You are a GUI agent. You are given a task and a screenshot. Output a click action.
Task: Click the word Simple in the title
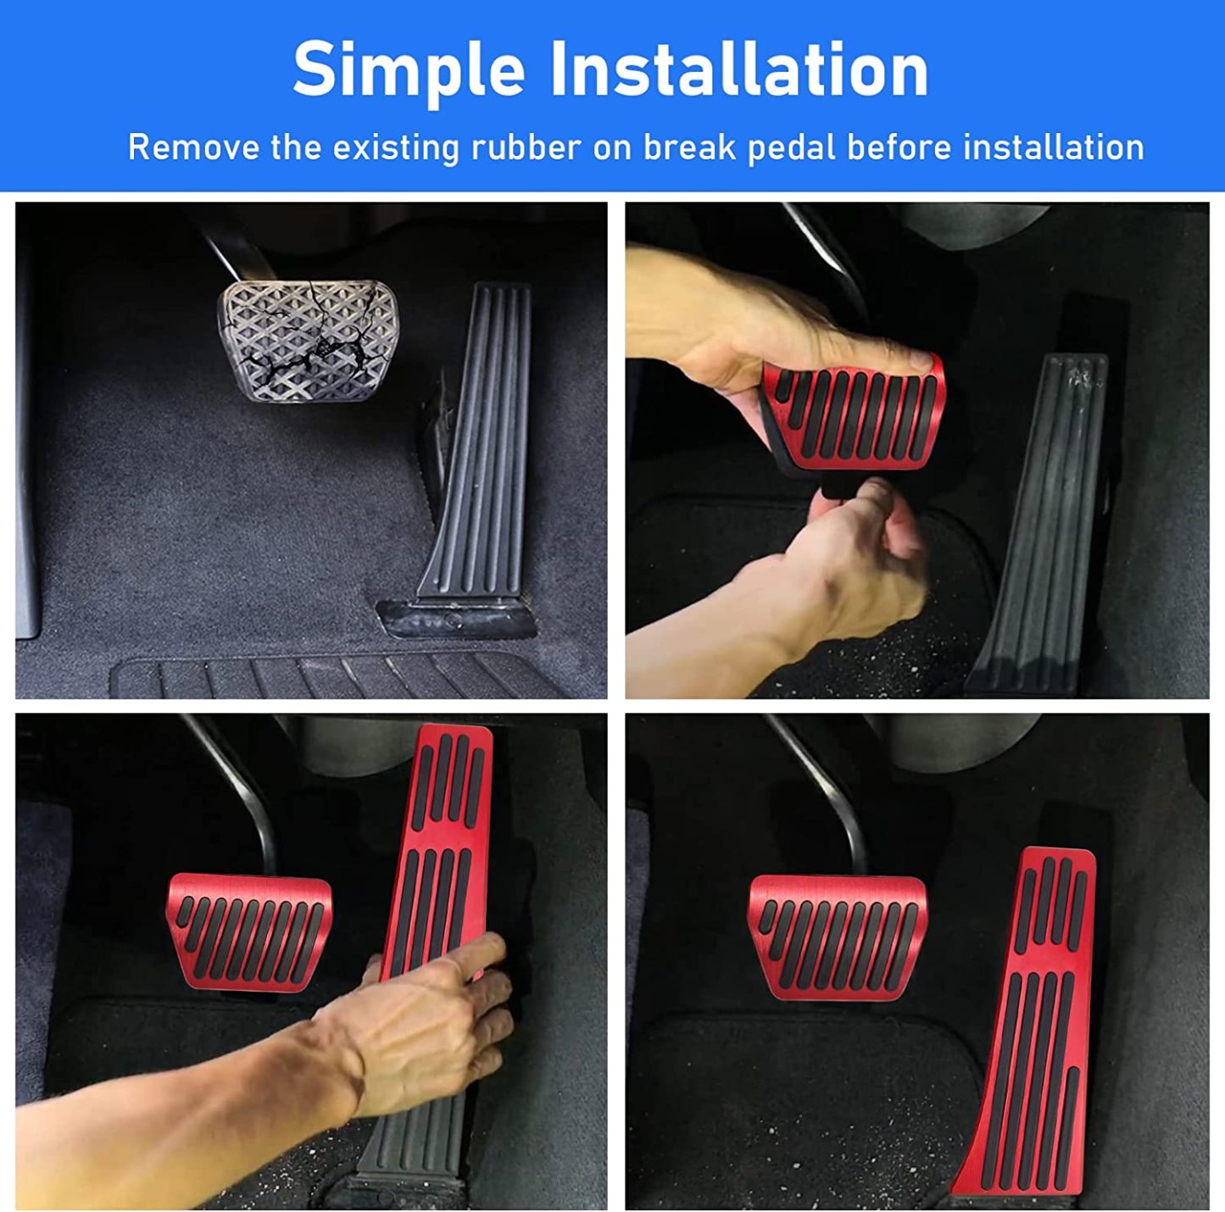pyautogui.click(x=408, y=70)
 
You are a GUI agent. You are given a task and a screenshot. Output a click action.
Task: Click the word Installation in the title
pyautogui.click(x=738, y=69)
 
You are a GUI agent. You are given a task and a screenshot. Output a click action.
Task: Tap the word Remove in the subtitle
pyautogui.click(x=193, y=147)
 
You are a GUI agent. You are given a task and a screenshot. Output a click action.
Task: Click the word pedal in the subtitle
pyautogui.click(x=792, y=148)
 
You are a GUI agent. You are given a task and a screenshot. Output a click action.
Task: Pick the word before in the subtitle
pyautogui.click(x=899, y=147)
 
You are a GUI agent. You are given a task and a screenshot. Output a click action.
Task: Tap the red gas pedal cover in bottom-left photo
pyautogui.click(x=441, y=848)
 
